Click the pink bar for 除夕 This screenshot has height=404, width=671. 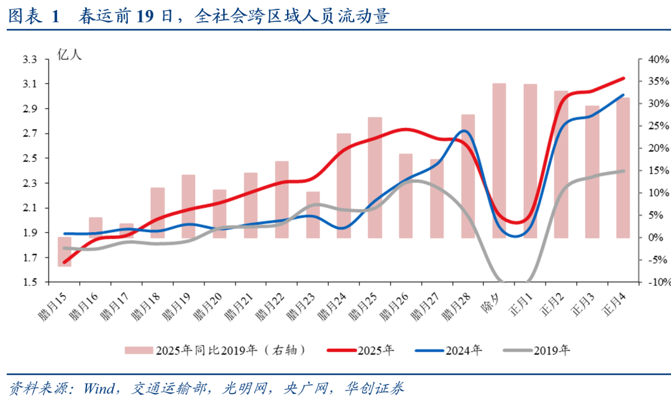point(499,160)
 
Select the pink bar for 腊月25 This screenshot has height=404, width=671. point(375,177)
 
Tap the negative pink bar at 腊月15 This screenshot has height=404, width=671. point(65,252)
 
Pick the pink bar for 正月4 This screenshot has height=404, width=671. point(623,168)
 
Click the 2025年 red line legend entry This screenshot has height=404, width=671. point(360,350)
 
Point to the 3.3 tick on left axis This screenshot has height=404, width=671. point(30,60)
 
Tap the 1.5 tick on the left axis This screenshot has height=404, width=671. point(30,282)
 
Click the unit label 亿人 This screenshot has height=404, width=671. point(70,55)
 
